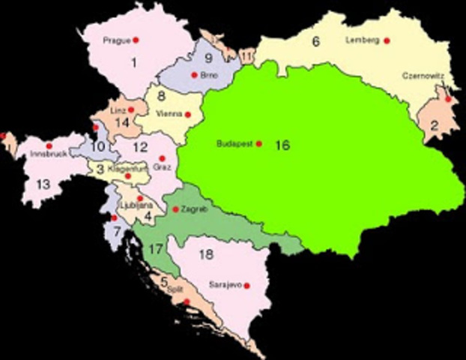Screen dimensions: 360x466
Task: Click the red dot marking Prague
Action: click(136, 39)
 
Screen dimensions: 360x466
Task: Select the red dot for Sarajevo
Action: click(246, 286)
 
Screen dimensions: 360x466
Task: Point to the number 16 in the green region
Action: click(282, 145)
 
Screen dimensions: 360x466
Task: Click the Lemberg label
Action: click(364, 40)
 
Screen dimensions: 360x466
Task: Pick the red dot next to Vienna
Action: click(188, 115)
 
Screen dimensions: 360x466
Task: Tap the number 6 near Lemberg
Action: click(316, 42)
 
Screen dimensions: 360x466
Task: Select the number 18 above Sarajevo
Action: click(207, 255)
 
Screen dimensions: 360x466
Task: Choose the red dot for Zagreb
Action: click(175, 209)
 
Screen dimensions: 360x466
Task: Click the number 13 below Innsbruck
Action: click(43, 184)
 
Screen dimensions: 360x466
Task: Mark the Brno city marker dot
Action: click(193, 74)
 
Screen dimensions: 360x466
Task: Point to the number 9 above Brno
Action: click(208, 57)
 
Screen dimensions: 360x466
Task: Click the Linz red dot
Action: click(131, 109)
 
